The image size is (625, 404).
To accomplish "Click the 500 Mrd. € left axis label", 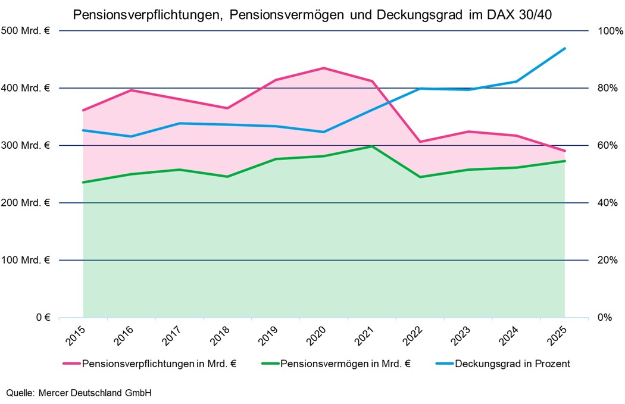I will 27,31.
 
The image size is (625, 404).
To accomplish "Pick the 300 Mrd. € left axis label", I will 27,146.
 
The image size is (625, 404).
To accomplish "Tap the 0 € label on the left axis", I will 43,318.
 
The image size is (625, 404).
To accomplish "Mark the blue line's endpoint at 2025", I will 564,49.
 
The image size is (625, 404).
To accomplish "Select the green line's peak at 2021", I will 372,146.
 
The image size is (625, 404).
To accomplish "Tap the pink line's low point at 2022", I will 420,142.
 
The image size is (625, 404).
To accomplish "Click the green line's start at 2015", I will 83,182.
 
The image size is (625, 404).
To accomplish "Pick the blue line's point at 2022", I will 420,89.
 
